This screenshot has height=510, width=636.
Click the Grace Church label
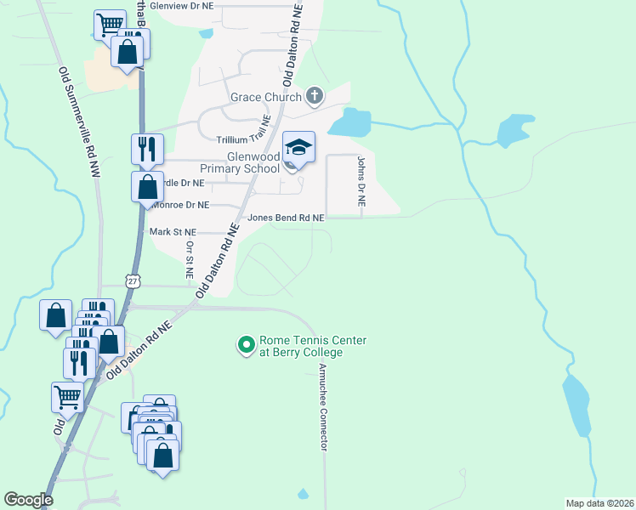click(266, 97)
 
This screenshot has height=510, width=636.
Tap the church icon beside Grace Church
click(315, 95)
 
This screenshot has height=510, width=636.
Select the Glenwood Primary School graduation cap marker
click(298, 148)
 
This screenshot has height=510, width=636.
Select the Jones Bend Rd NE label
click(286, 218)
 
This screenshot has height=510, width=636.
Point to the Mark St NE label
click(173, 231)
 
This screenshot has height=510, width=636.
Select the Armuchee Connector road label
click(323, 407)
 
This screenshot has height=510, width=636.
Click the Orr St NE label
click(189, 258)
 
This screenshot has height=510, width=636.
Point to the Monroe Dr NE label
click(179, 205)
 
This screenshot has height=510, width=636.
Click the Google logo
click(28, 500)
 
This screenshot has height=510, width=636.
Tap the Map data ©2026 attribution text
click(599, 503)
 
